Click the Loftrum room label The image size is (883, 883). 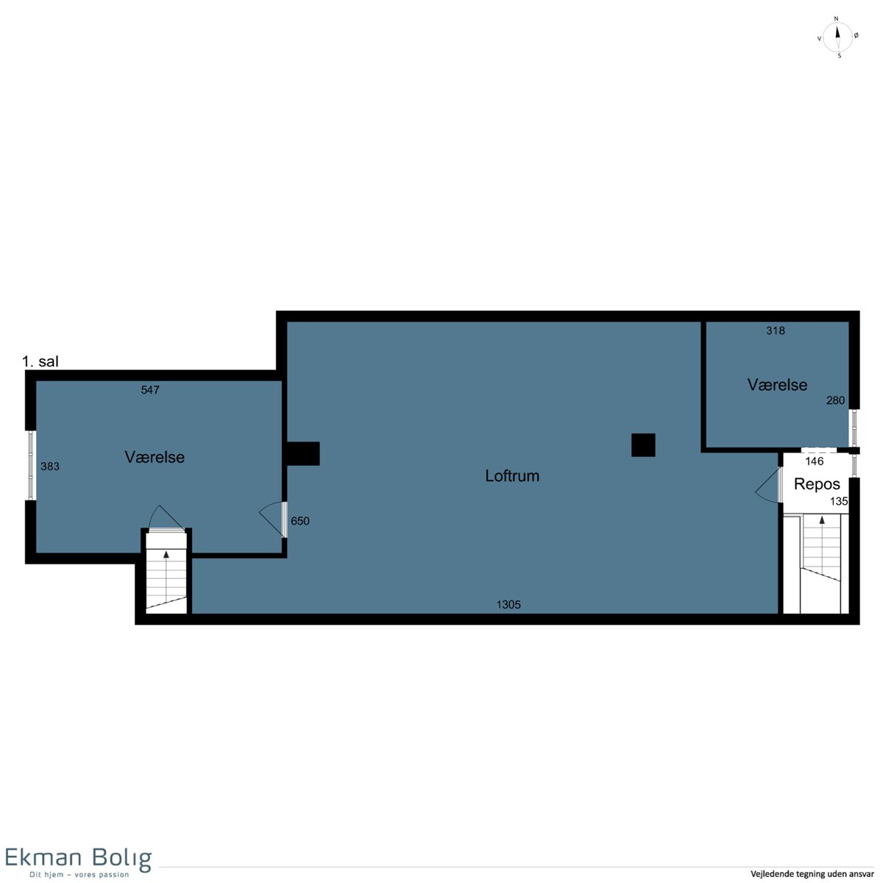[x=512, y=475]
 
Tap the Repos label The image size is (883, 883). [x=817, y=484]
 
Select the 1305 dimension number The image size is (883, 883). [x=508, y=604]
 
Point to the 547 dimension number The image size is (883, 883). [x=150, y=389]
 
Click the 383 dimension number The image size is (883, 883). [x=50, y=466]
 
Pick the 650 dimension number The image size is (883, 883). [x=299, y=520]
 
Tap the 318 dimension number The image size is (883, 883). [x=776, y=330]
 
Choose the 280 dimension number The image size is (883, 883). [x=835, y=400]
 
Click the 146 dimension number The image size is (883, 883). [x=815, y=461]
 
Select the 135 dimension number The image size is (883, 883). [x=839, y=501]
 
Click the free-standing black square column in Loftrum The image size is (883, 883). [x=643, y=445]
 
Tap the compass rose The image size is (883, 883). [x=837, y=37]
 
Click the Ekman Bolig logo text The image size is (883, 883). [x=78, y=857]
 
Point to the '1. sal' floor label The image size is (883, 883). [x=40, y=361]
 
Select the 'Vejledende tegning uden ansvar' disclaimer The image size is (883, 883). [x=812, y=873]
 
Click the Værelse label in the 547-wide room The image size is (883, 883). [x=155, y=457]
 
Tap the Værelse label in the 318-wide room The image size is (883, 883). [x=777, y=384]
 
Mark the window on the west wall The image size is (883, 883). [x=31, y=465]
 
